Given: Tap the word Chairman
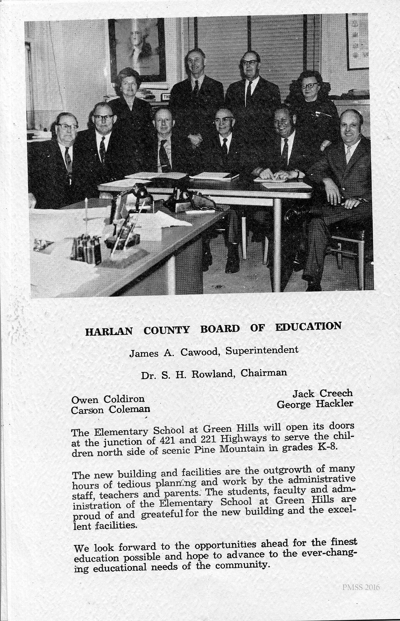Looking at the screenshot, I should pos(264,372).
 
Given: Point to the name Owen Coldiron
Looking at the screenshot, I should pos(108,399).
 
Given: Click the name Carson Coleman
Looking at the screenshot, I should pos(110,409).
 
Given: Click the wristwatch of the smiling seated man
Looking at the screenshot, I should pos(296,173).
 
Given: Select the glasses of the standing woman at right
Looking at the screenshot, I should pos(309,85).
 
